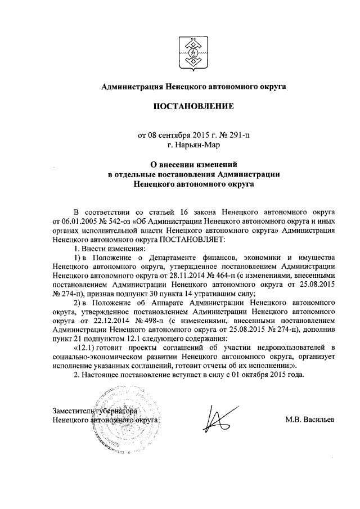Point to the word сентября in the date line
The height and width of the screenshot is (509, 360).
(x=175, y=135)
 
